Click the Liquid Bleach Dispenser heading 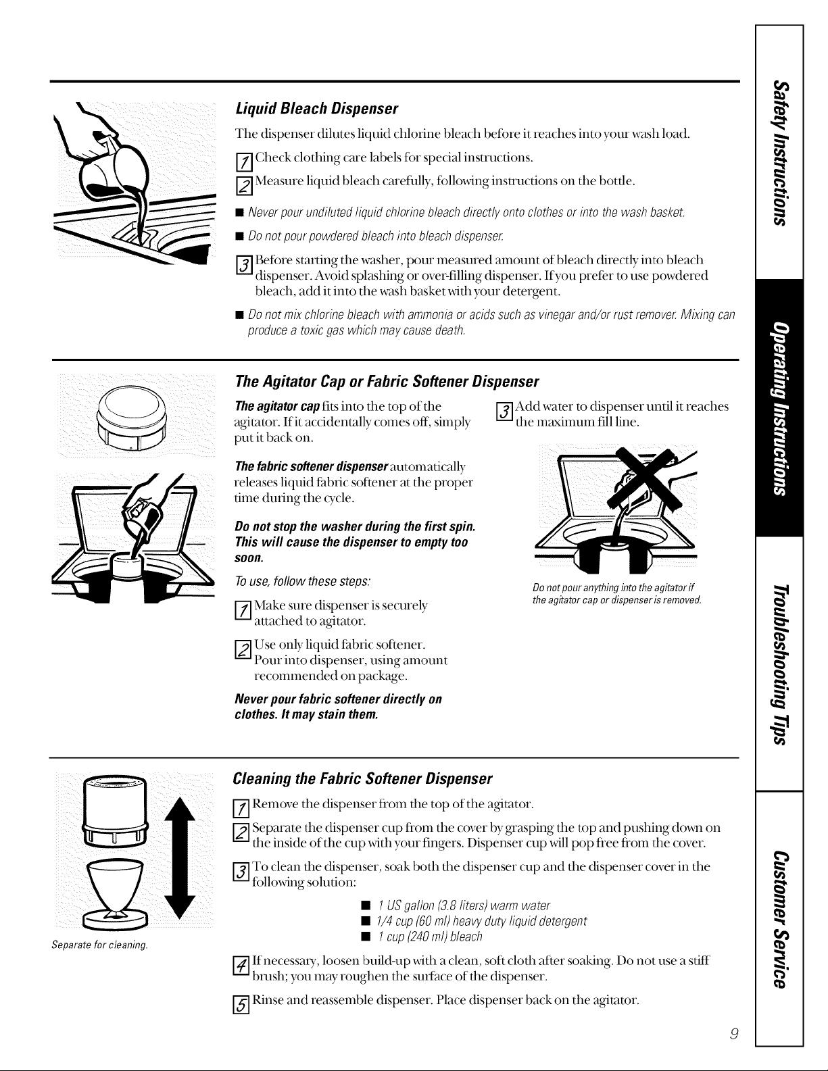[x=316, y=108]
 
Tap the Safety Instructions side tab [x=779, y=153]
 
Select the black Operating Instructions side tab [x=779, y=408]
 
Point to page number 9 [x=734, y=1034]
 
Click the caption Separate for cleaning [x=100, y=945]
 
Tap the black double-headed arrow [x=180, y=859]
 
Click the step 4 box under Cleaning [x=241, y=966]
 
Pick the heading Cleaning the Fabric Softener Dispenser [x=362, y=778]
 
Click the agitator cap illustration [x=132, y=416]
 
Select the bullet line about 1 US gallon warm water [x=463, y=905]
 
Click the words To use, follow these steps [x=303, y=582]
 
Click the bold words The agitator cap [x=278, y=406]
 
